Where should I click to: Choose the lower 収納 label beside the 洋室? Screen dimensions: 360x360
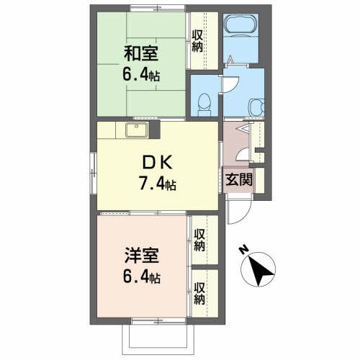[199, 292]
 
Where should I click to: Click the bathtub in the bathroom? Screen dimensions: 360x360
[238, 26]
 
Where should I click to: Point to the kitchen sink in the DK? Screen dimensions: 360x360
[136, 130]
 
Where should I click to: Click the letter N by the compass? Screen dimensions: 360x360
[244, 251]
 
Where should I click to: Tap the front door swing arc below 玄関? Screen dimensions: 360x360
[237, 211]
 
